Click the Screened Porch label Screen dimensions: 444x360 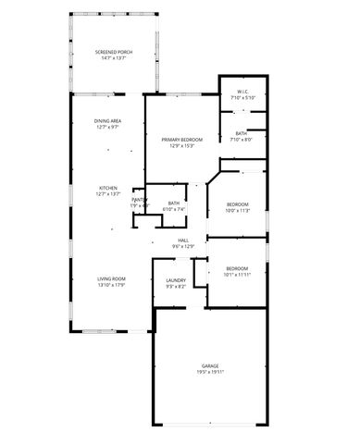click(x=116, y=52)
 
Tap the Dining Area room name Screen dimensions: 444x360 click(x=108, y=121)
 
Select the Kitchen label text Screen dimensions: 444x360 click(x=108, y=188)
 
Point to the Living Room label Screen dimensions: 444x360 click(x=111, y=278)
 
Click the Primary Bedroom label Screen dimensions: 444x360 click(x=181, y=140)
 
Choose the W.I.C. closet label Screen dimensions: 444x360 click(x=243, y=92)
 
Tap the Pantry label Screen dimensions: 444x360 click(x=139, y=199)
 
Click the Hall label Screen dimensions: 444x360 click(x=184, y=240)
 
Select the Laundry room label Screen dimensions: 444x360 click(x=176, y=280)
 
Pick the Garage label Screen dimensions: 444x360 click(x=211, y=366)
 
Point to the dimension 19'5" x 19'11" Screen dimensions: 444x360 click(x=211, y=373)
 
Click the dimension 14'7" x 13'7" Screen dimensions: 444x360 click(x=116, y=58)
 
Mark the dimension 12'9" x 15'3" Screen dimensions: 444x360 click(x=181, y=146)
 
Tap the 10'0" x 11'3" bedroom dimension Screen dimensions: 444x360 click(x=238, y=211)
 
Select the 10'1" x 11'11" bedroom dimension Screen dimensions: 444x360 click(x=238, y=275)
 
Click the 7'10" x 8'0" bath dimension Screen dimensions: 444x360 click(x=241, y=140)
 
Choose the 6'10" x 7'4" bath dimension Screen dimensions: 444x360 click(x=174, y=209)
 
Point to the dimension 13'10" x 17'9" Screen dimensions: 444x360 click(x=111, y=285)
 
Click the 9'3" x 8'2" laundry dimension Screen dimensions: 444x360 click(x=176, y=287)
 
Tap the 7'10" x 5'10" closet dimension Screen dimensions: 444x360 click(x=243, y=98)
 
